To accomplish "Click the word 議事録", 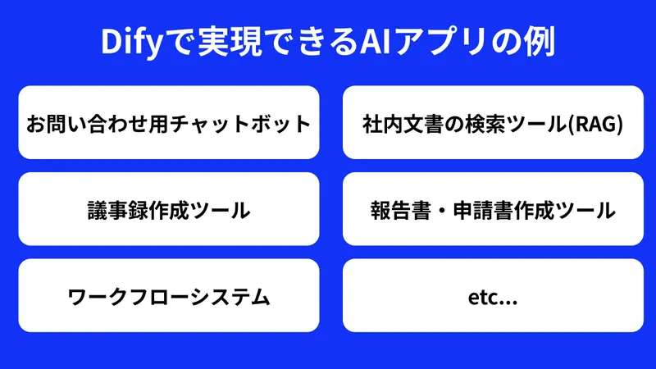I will coord(112,211).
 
